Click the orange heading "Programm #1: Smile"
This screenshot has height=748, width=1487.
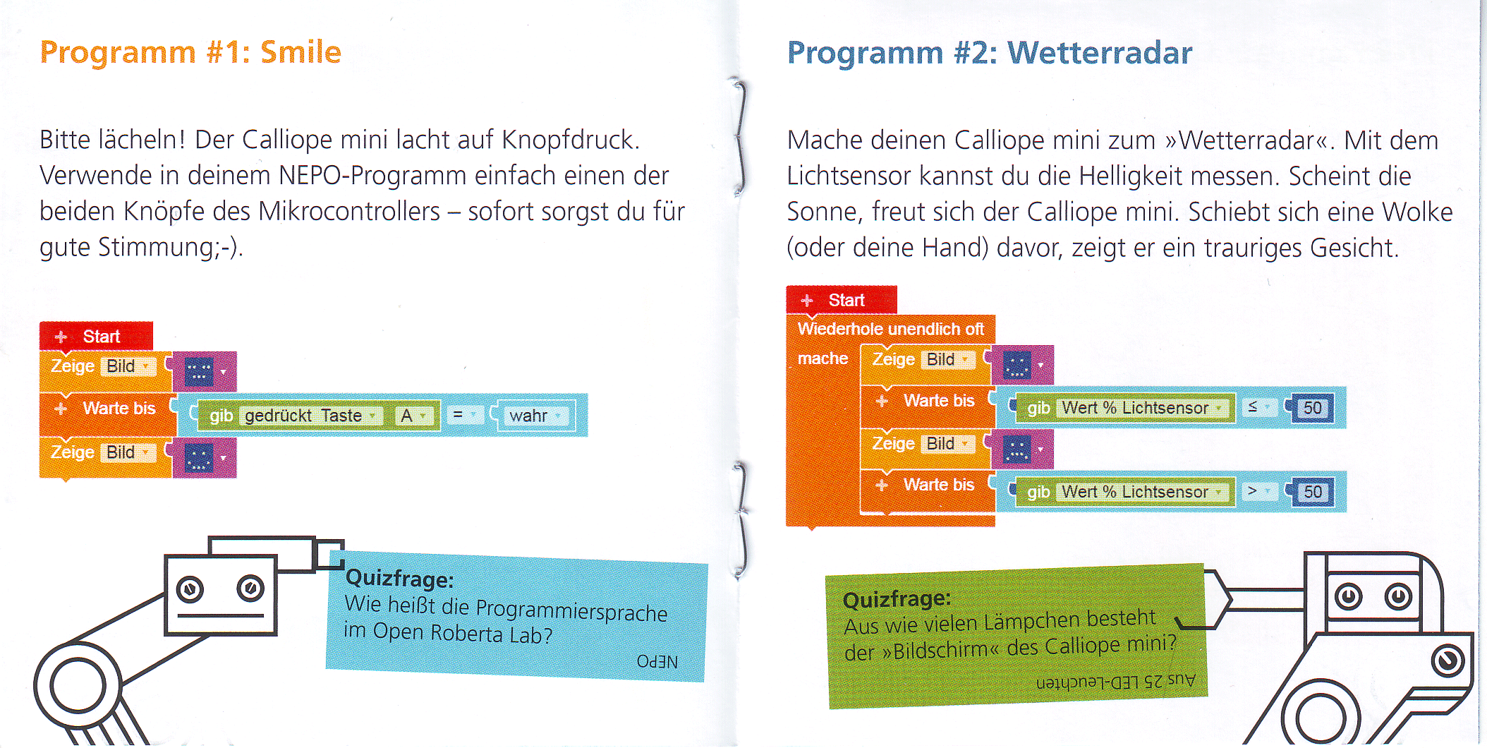(x=190, y=53)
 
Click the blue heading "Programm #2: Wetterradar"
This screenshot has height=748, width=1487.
(x=990, y=53)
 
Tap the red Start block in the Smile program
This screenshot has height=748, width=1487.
(x=96, y=337)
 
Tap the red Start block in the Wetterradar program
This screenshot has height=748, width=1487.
(x=842, y=300)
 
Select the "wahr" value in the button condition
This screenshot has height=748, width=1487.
(x=528, y=416)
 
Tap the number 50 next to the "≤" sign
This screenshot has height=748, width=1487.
(x=1313, y=407)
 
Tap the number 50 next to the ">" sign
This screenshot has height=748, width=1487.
(x=1313, y=491)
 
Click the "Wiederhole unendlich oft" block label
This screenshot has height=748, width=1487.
(x=890, y=329)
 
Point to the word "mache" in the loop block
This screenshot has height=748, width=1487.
(x=823, y=358)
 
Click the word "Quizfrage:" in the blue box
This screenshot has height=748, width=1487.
(x=399, y=579)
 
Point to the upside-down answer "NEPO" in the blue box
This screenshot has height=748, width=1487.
(x=657, y=661)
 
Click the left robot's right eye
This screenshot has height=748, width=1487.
(x=250, y=588)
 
